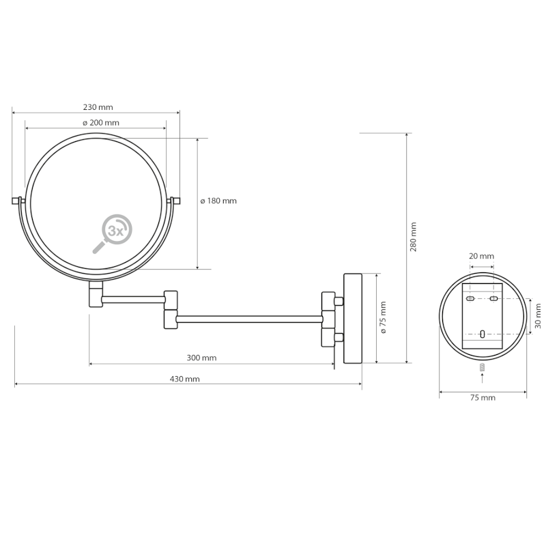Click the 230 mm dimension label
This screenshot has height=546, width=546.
tap(98, 107)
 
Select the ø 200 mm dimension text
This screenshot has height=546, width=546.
tap(100, 122)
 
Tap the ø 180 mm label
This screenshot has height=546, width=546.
tap(218, 201)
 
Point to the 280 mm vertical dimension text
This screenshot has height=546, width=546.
tap(414, 236)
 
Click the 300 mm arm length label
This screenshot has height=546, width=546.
tap(201, 358)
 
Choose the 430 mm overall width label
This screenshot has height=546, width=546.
tap(184, 379)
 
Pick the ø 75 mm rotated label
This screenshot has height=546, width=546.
tap(383, 317)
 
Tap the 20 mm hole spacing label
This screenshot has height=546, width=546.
tap(482, 256)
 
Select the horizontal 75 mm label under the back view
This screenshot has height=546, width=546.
tap(482, 397)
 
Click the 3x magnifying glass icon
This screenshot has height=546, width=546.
tap(113, 233)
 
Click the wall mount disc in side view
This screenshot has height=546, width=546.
tap(352, 318)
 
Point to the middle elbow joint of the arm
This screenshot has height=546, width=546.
tap(171, 309)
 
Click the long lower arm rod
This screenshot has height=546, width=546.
tap(249, 319)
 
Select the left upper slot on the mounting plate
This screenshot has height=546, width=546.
tap(470, 299)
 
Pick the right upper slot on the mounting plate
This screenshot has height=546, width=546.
tap(493, 299)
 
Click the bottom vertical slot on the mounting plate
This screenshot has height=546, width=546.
tap(482, 334)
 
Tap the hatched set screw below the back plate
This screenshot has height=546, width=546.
tap(482, 367)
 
